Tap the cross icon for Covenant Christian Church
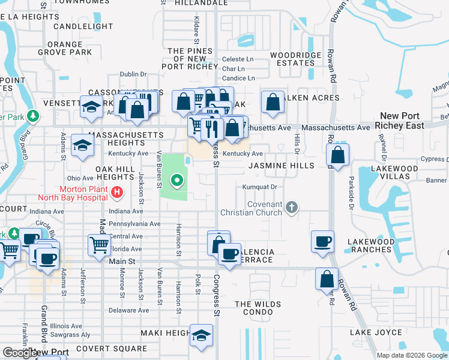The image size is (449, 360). (x=292, y=208)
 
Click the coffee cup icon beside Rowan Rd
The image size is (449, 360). (x=322, y=241)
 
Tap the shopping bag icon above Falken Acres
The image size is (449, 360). (x=273, y=103)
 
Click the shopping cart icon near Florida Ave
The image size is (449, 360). (x=99, y=244)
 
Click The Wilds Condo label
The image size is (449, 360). (x=258, y=308)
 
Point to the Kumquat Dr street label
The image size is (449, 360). (x=259, y=187)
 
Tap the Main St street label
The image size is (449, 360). (x=122, y=261)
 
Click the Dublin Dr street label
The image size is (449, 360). (x=133, y=74)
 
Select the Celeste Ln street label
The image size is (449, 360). (x=238, y=59)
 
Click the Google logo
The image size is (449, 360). (x=19, y=353)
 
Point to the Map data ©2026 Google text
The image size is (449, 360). (x=411, y=355)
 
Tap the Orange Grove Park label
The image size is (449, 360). (x=73, y=49)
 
